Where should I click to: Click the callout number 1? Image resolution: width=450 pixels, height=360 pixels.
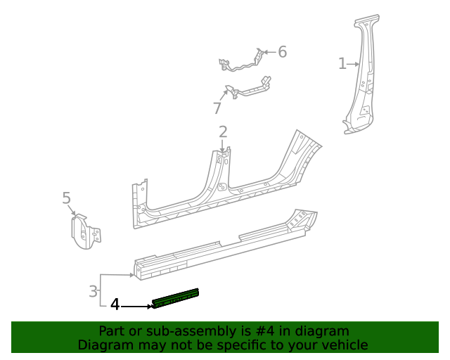(342, 64)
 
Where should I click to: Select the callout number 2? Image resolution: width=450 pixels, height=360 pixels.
(223, 131)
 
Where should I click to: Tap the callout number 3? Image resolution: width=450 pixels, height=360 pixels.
(94, 290)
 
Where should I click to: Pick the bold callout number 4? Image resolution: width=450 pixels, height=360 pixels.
(115, 305)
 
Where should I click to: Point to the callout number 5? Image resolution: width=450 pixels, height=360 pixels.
(67, 198)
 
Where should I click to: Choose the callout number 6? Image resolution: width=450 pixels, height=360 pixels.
(282, 51)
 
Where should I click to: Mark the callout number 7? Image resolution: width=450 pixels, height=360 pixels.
(217, 108)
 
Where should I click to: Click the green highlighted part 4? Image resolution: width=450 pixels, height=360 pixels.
(176, 299)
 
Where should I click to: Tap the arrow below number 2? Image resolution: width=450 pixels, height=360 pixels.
(223, 146)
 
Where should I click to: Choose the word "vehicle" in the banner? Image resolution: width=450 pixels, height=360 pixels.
(343, 345)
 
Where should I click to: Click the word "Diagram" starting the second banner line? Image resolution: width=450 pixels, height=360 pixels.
(103, 345)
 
